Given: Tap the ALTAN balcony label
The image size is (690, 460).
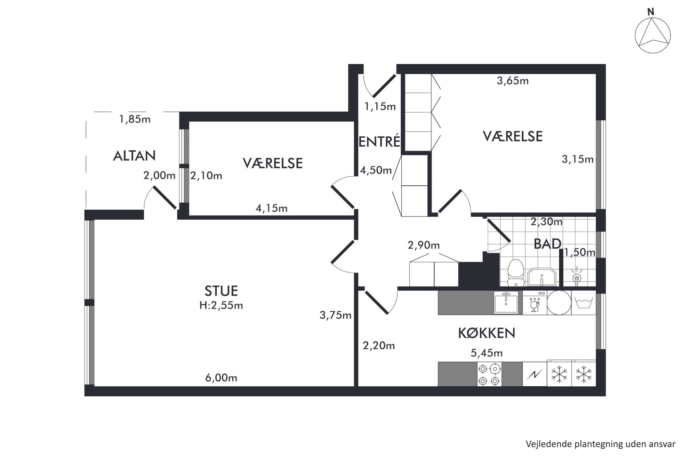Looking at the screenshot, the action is pyautogui.click(x=134, y=156).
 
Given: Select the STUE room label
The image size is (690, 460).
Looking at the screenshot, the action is pyautogui.click(x=221, y=291).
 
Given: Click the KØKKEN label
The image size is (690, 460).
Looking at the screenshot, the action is pyautogui.click(x=486, y=333).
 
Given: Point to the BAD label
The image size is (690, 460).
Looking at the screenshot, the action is pyautogui.click(x=547, y=244).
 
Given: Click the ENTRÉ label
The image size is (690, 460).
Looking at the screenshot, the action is pyautogui.click(x=379, y=142).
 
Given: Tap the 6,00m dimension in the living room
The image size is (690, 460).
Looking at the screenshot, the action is pyautogui.click(x=221, y=378).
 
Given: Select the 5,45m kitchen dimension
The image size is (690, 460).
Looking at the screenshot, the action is pyautogui.click(x=487, y=353).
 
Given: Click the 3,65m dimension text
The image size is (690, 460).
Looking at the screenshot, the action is pyautogui.click(x=513, y=81).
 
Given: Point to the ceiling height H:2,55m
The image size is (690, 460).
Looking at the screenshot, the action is pyautogui.click(x=221, y=305).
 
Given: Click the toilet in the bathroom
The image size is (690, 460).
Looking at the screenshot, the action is pyautogui.click(x=515, y=273).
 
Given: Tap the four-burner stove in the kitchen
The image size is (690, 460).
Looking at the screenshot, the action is pyautogui.click(x=490, y=374).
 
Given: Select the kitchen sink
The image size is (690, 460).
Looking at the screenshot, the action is pyautogui.click(x=506, y=302).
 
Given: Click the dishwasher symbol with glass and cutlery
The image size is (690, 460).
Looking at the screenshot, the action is pyautogui.click(x=535, y=302).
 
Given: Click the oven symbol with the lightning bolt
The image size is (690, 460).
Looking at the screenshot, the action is pyautogui.click(x=535, y=374).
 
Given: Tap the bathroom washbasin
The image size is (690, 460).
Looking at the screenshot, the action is pyautogui.click(x=542, y=277).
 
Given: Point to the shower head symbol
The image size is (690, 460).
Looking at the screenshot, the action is pyautogui.click(x=577, y=277).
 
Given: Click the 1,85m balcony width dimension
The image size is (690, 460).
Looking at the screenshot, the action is pyautogui.click(x=135, y=119).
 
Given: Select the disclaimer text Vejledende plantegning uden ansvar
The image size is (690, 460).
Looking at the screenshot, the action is pyautogui.click(x=600, y=444).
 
